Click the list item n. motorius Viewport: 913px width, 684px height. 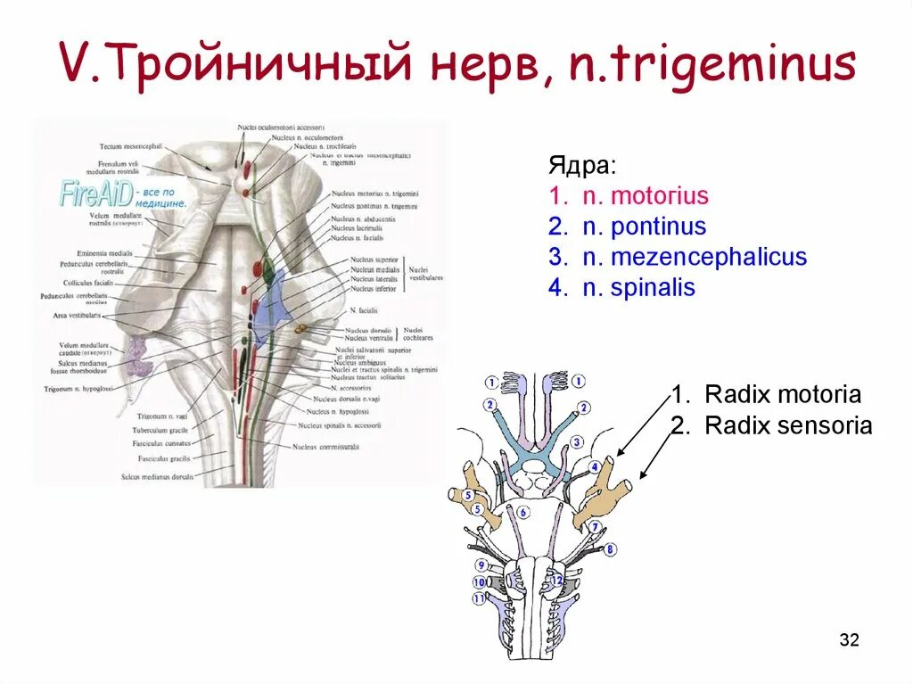click(x=628, y=196)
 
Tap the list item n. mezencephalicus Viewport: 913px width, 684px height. click(x=677, y=258)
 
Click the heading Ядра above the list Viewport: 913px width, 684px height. click(x=580, y=166)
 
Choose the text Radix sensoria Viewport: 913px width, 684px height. click(x=787, y=425)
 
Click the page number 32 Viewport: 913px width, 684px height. click(x=849, y=639)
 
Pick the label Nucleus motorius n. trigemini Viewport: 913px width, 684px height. click(x=374, y=194)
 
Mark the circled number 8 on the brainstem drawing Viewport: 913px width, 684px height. click(x=610, y=550)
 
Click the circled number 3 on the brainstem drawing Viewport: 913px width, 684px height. click(x=576, y=442)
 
